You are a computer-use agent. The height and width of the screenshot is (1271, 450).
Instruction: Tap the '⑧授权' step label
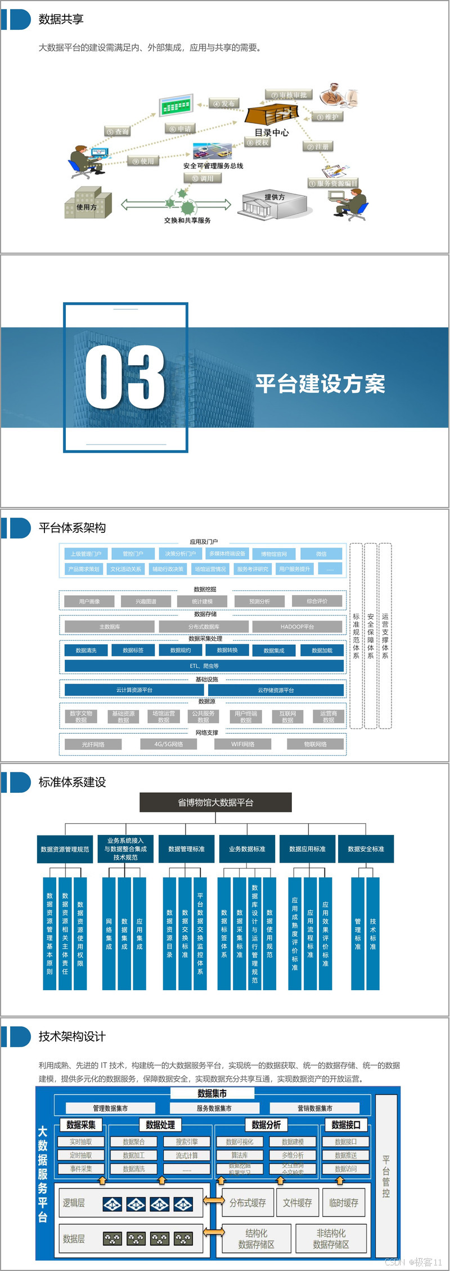point(258,143)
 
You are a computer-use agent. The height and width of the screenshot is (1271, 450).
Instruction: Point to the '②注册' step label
point(318,147)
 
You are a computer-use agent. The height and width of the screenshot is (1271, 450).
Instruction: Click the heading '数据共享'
point(61,20)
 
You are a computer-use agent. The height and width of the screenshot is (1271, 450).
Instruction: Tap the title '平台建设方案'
point(320,384)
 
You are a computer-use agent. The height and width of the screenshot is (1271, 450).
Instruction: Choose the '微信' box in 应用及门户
point(321,554)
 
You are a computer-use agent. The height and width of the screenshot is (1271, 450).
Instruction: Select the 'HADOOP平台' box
point(297,626)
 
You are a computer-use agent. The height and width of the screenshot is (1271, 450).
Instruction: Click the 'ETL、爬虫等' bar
point(204,666)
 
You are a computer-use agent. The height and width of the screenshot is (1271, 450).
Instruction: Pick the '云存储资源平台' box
point(276,690)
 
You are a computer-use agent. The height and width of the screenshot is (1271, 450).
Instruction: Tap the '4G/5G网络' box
point(169,744)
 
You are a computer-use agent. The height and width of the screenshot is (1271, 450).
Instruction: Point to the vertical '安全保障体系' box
point(370,636)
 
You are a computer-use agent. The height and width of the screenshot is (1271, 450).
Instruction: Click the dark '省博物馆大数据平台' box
point(215,802)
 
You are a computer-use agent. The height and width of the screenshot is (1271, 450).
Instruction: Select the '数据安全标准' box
point(366,849)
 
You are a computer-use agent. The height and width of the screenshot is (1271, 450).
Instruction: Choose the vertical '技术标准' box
point(373,933)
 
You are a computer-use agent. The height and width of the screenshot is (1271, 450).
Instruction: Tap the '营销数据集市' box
point(314,1108)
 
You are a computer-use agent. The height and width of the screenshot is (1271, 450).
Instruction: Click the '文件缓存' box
point(297,1203)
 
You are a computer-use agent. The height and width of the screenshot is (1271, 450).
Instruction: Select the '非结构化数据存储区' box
point(331,1239)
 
